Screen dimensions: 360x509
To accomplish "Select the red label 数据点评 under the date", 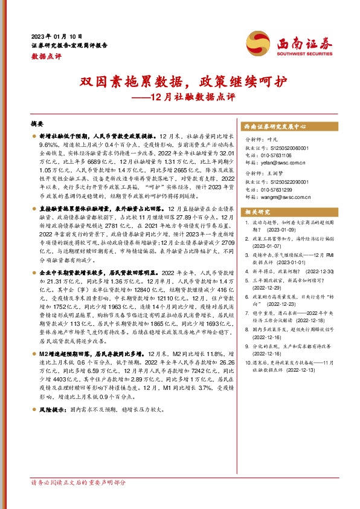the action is pos(47,56).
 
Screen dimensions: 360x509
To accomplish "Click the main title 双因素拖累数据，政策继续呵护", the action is pos(179,81).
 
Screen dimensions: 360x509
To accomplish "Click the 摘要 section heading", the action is pos(38,123).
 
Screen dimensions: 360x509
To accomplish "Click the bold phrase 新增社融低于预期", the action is pos(63,137).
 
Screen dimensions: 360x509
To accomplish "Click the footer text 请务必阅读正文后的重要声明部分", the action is pos(79,499).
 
